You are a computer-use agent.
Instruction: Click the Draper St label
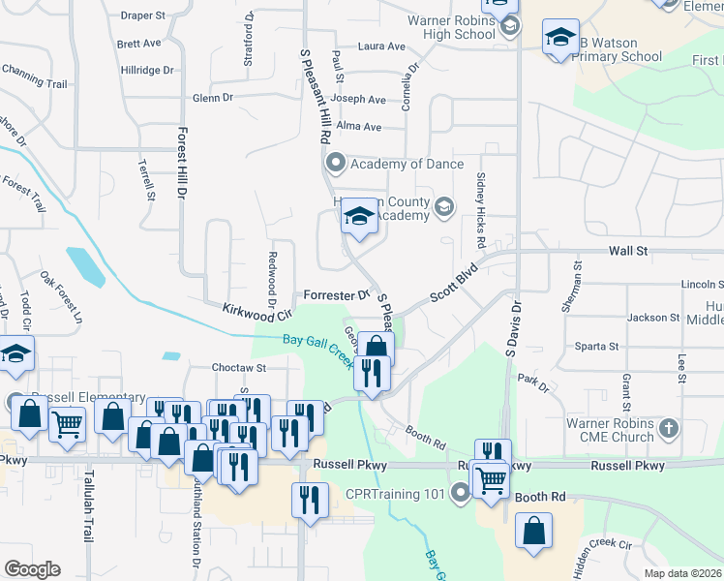[145, 15]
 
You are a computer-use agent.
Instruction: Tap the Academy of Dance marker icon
[336, 163]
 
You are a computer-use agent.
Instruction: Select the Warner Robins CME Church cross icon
[668, 427]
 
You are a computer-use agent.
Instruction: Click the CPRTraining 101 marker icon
[459, 494]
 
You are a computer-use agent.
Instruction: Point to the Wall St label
[627, 251]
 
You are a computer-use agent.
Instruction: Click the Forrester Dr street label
[337, 294]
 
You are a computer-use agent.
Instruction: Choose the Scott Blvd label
[455, 283]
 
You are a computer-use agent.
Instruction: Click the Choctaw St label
[239, 368]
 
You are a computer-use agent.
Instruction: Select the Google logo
[32, 569]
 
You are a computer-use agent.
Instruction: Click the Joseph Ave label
[358, 99]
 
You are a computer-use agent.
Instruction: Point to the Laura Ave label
[381, 46]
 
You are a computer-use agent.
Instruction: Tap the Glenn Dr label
[213, 98]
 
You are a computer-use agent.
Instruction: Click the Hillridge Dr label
[147, 70]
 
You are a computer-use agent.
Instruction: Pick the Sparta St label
[596, 346]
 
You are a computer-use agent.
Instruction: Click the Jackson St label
[653, 317]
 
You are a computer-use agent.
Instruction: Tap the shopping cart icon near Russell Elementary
[67, 422]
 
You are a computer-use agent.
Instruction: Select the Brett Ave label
[138, 44]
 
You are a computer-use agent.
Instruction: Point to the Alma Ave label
[359, 126]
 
